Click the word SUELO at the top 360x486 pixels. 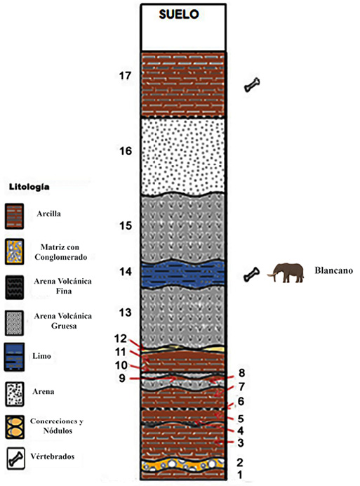(179, 14)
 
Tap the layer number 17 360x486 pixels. (126, 76)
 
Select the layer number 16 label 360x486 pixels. (126, 151)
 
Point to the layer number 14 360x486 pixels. (126, 272)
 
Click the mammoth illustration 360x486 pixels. (286, 272)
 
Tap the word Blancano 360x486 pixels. (333, 270)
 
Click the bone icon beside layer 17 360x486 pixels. (252, 85)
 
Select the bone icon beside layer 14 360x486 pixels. (251, 275)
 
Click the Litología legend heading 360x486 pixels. (29, 188)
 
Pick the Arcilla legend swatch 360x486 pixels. (14, 216)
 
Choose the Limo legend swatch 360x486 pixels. (14, 357)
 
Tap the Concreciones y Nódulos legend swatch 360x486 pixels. (15, 428)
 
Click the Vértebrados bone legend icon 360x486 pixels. (16, 459)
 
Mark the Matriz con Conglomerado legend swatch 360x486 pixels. (14, 251)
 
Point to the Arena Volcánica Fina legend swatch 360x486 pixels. (14, 287)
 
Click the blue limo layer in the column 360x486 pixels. (182, 274)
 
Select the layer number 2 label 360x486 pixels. (239, 462)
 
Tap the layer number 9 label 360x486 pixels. (122, 379)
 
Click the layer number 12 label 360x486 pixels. (121, 339)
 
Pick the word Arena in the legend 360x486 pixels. (44, 392)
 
